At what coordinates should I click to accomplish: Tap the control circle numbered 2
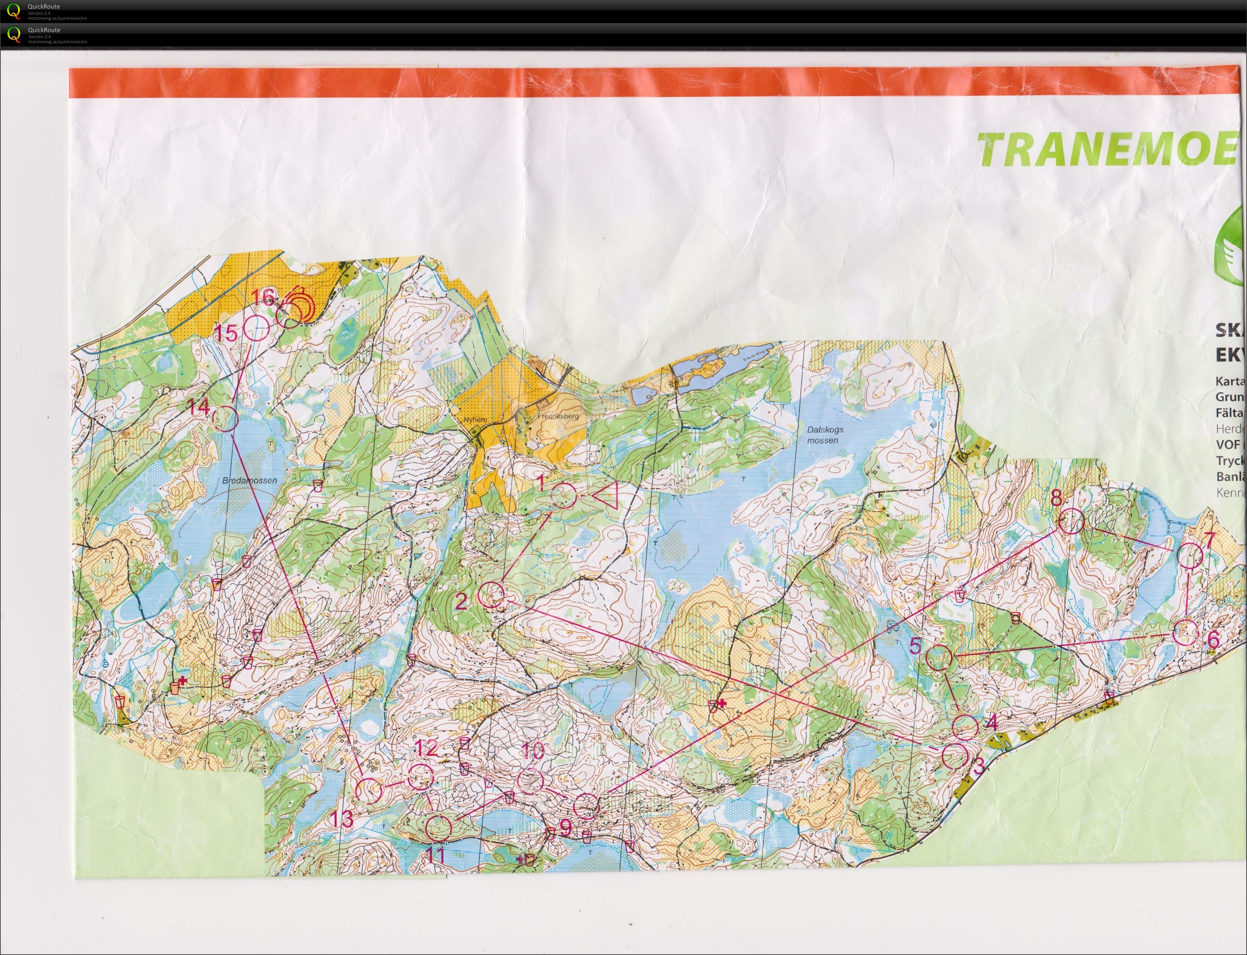[x=491, y=595]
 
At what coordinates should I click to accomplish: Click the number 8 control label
[x=1056, y=498]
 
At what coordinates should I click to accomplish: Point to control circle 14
[x=226, y=419]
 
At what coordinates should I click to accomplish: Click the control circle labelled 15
[x=256, y=328]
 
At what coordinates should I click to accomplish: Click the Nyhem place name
[x=475, y=420]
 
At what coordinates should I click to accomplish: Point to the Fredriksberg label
[x=558, y=416]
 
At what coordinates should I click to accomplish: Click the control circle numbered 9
[x=586, y=806]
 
